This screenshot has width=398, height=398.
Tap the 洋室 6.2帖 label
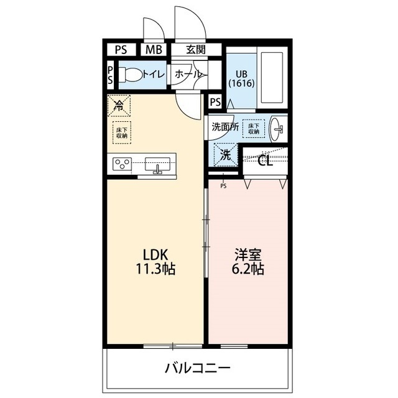tap(249, 262)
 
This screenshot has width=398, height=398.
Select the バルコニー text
tap(198, 368)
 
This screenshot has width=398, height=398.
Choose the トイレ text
tap(153, 74)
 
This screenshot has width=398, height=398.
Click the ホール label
tap(187, 74)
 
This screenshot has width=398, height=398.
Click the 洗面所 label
tap(224, 126)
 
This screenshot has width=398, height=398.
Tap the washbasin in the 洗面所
tap(278, 129)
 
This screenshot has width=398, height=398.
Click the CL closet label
tap(265, 162)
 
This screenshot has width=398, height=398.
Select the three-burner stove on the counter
tap(122, 165)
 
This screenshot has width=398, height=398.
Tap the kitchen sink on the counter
tap(158, 165)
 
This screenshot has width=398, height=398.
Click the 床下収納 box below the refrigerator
tap(121, 131)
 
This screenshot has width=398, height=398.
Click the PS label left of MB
tap(120, 50)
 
